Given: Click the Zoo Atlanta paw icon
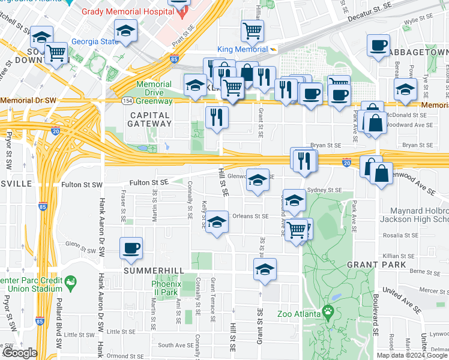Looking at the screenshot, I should [x=328, y=311].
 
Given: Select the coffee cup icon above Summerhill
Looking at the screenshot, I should [x=131, y=248].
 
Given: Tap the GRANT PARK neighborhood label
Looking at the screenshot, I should [x=376, y=265].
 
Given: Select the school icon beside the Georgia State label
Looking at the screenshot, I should [x=125, y=31].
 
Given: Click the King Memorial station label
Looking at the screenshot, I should [x=242, y=49].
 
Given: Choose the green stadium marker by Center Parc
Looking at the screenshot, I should [x=71, y=281].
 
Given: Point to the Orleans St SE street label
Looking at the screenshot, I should [x=250, y=216].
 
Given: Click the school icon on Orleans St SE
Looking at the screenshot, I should [x=217, y=221].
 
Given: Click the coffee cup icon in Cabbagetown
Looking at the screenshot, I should [x=379, y=46].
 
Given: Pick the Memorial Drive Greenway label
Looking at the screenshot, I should [x=154, y=89].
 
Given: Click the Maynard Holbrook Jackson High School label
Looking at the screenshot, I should [x=418, y=216].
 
